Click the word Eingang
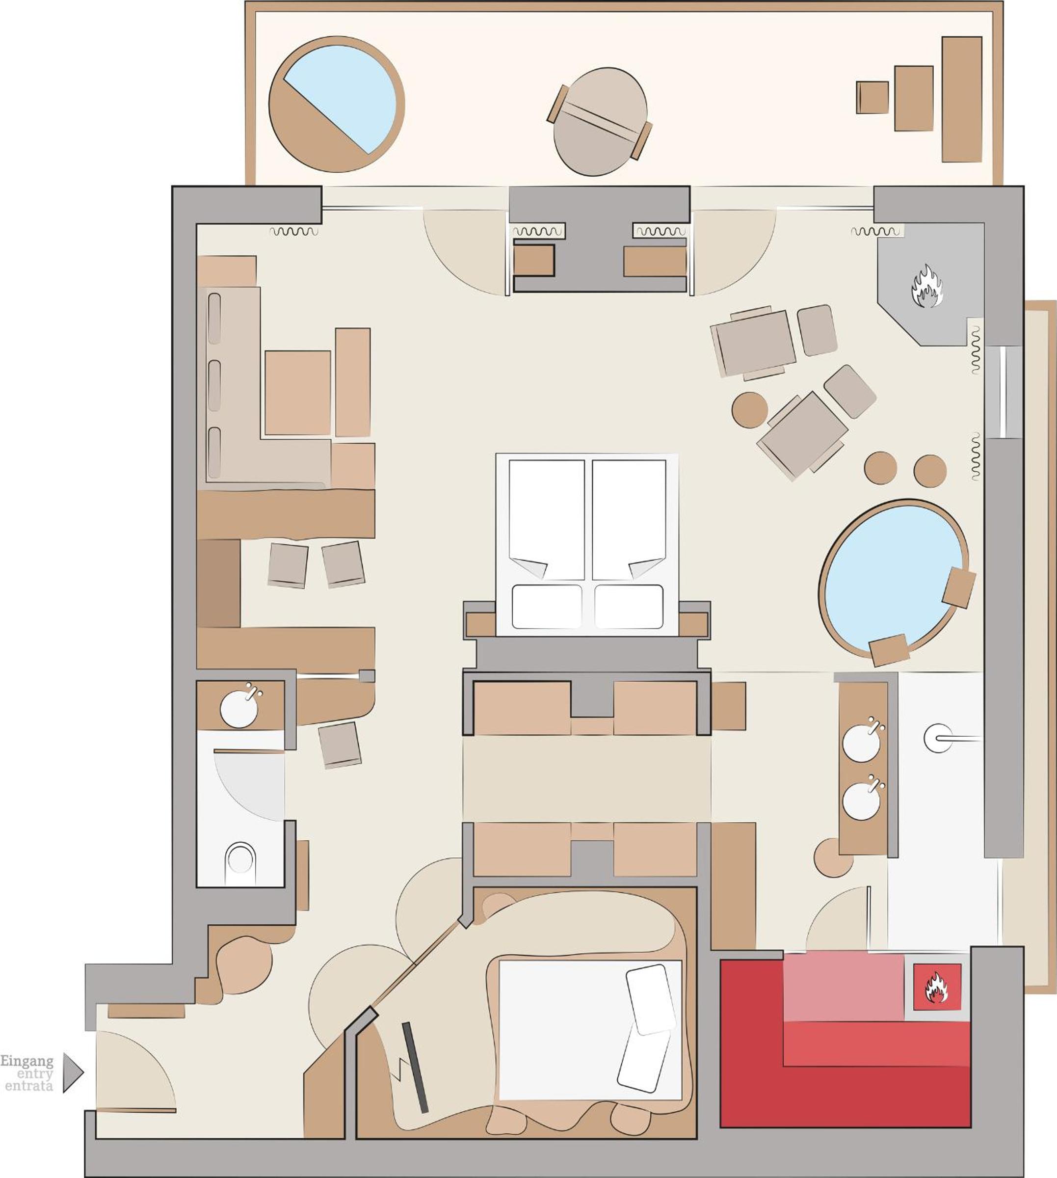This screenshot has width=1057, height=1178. (26, 1062)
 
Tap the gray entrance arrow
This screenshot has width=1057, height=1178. (73, 1072)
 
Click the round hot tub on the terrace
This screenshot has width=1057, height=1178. (336, 105)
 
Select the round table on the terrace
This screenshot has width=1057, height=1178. (600, 122)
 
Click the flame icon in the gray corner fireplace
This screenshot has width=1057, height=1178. (927, 286)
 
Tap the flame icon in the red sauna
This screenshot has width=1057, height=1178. (936, 988)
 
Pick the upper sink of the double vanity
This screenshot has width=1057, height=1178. (862, 744)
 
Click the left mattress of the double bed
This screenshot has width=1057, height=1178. (547, 519)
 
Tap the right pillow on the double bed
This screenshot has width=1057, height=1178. (629, 607)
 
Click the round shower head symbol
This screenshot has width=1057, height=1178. (938, 739)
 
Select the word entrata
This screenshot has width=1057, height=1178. (29, 1086)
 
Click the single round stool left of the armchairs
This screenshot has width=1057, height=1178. (750, 410)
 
